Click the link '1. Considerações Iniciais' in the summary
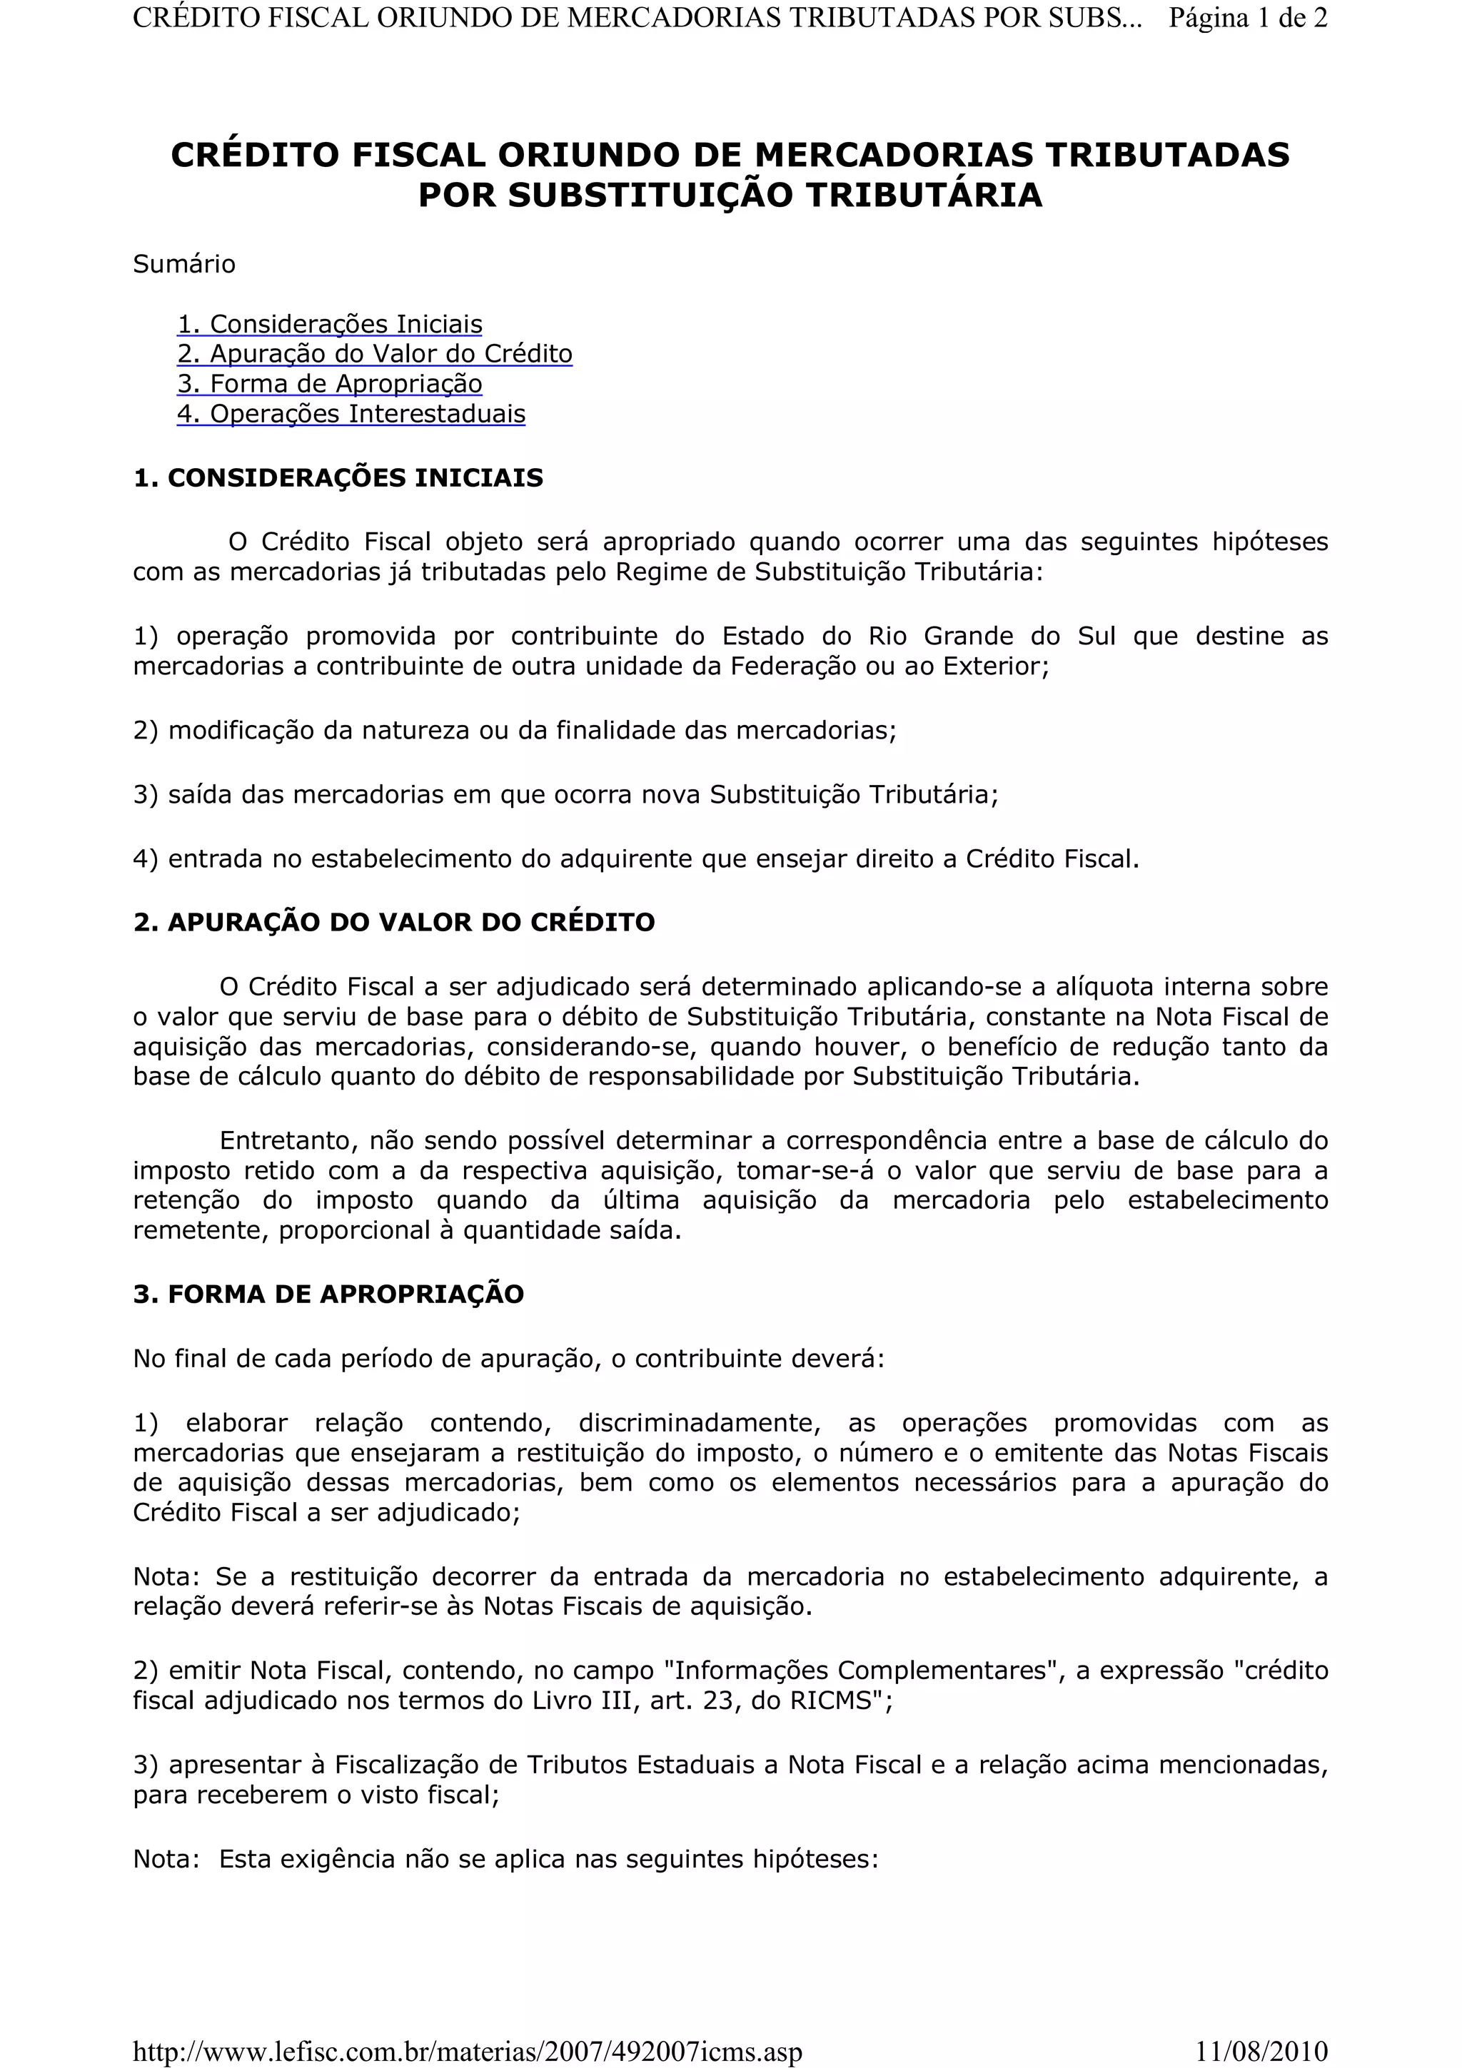coord(330,324)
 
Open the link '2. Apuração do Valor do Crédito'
coord(375,354)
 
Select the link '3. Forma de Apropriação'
coord(330,384)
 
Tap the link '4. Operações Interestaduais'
coord(351,415)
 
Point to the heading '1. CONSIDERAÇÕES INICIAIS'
coord(338,477)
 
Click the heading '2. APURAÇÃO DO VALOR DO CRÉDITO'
coord(393,922)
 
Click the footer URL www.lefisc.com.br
coord(467,2052)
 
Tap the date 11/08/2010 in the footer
coord(1261,2052)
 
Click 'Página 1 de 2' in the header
coord(1248,18)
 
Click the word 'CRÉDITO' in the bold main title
coord(256,155)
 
